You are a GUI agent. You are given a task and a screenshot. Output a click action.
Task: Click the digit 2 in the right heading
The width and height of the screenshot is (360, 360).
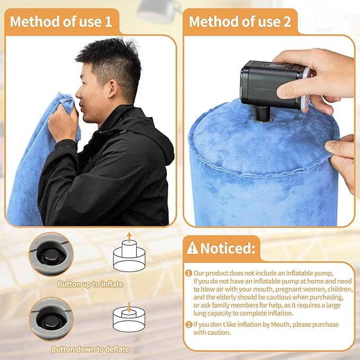point(287,22)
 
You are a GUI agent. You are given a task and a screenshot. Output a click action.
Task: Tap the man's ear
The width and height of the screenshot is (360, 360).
point(113,88)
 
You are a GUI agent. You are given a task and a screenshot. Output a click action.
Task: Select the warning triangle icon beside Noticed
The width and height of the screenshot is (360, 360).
point(192,248)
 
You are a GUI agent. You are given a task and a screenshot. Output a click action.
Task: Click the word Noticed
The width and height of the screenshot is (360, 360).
point(227,248)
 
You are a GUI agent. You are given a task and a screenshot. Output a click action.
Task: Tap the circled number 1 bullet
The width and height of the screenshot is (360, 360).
point(189,273)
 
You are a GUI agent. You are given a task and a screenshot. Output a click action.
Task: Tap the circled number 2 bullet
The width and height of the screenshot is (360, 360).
point(189,324)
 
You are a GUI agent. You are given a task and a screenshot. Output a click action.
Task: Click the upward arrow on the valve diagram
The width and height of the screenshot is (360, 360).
point(129,237)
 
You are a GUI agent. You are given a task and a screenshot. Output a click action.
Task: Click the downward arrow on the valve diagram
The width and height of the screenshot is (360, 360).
point(129,307)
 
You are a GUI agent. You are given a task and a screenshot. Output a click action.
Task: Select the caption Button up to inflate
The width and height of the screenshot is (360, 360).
point(90,284)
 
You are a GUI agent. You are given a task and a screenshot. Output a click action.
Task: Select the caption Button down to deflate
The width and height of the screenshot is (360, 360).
point(90,349)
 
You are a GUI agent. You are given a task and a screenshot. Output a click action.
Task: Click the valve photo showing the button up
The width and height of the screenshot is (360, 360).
point(51,254)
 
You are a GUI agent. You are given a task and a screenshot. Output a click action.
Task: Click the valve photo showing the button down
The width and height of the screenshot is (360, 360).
point(51,319)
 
